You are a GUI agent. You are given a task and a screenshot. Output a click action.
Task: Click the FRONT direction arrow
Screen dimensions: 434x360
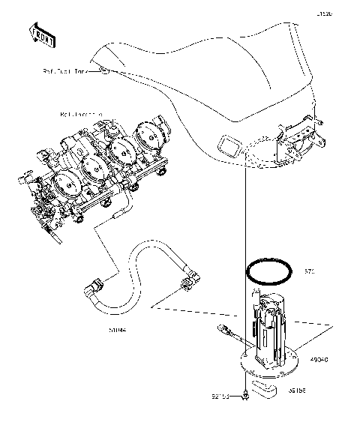click(x=41, y=33)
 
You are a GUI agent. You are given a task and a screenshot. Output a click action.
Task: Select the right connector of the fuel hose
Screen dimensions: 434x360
click(x=187, y=283)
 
